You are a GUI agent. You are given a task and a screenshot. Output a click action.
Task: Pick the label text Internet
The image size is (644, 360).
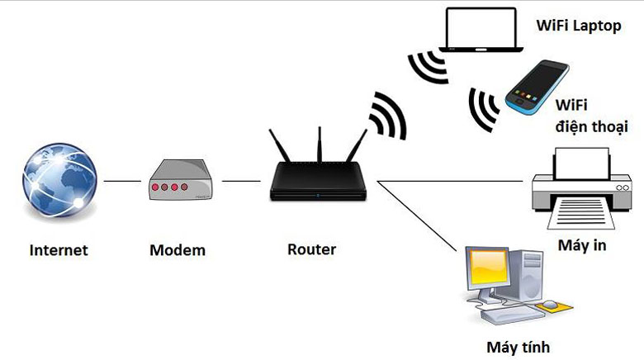coord(59,249)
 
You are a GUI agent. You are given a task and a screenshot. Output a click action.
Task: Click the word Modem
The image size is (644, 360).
coord(178,249)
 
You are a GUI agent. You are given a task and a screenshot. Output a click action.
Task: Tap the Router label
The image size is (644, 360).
coord(311,249)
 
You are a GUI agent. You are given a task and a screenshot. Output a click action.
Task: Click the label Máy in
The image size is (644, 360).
coord(582,246)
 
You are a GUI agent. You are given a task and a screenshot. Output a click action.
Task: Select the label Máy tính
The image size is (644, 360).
coord(519,347)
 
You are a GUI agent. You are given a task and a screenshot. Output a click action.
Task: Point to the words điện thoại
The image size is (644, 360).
coord(591,127)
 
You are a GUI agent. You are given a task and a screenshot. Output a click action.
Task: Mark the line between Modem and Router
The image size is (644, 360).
coord(241,181)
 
